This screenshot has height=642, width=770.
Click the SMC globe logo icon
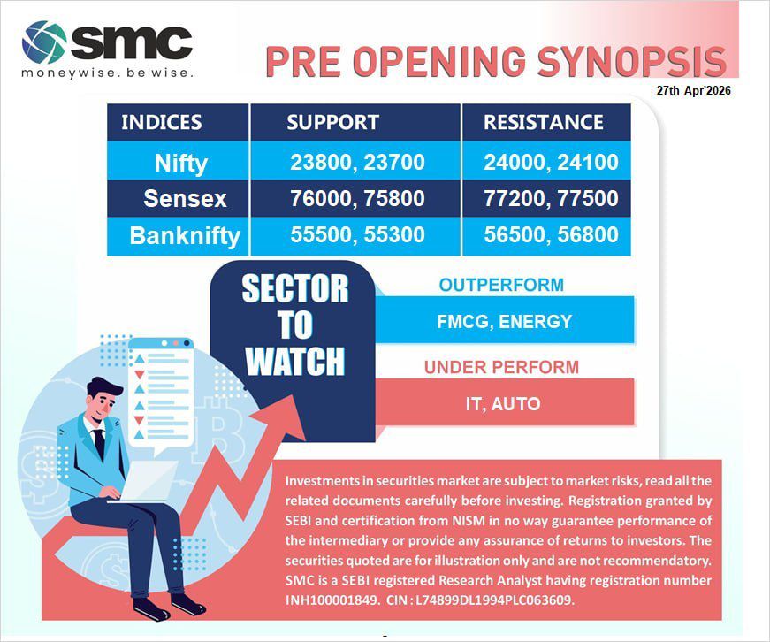[44, 42]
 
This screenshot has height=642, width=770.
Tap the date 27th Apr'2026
[693, 91]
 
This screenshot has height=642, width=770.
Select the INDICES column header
[161, 123]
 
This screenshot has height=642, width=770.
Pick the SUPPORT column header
[332, 123]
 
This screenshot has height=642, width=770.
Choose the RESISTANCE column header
[543, 123]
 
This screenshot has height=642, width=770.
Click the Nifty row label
[180, 163]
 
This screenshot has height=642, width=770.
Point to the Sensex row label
[185, 198]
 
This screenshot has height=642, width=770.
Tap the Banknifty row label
[185, 236]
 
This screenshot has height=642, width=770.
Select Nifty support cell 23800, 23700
[357, 163]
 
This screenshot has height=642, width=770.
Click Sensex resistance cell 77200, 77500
[551, 198]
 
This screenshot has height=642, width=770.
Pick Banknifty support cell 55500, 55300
[357, 235]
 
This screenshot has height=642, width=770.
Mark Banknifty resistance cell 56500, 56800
[551, 235]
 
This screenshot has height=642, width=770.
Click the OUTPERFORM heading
[501, 285]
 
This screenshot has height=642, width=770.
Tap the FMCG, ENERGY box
[504, 321]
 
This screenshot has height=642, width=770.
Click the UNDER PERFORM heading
[501, 366]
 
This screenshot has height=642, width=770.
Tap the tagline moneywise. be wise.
[107, 73]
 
